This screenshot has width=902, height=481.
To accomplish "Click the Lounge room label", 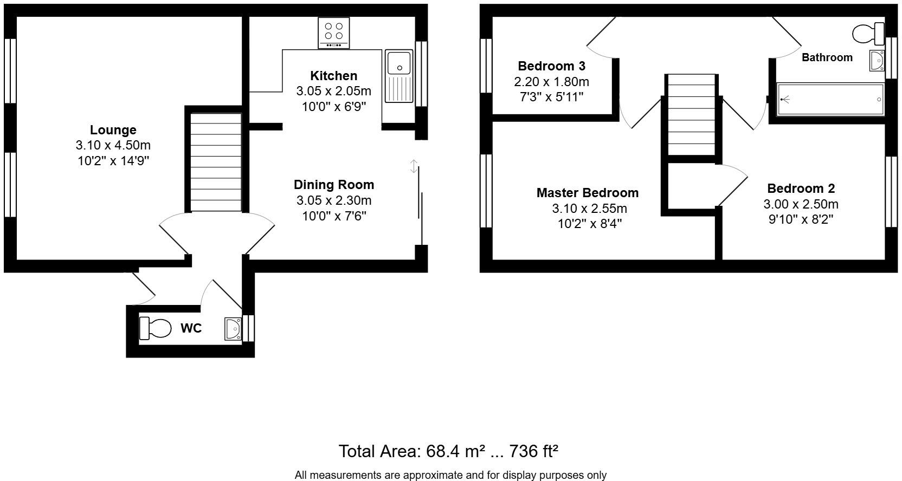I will coord(113,130).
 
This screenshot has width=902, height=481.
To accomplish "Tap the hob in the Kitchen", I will coord(333,32).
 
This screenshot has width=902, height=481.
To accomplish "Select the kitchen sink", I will coord(399,76).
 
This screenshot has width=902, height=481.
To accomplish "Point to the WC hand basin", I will coord(233,329).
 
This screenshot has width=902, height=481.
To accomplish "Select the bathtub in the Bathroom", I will coord(830,100).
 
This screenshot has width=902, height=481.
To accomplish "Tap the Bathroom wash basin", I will coord(877,61).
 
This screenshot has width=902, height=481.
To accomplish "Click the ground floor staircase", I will coord(216,162).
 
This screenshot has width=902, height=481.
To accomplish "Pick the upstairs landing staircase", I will coord(691,115).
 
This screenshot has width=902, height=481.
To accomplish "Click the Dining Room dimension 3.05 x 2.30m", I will coord(333,200).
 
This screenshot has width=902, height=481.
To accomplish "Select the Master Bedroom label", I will coord(587,193).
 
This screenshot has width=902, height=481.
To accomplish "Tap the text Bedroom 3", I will coord(551,66).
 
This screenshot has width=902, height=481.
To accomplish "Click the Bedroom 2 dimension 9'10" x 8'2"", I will coord(801,219).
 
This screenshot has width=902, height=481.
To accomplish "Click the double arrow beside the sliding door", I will coord(414,166).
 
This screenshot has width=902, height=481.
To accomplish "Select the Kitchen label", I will coord(333,76).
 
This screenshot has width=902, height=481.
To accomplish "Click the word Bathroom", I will coord(827,57).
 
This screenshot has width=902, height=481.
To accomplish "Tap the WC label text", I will coord(191,328).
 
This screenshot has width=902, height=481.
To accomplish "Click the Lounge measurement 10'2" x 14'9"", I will coord(113,161).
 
